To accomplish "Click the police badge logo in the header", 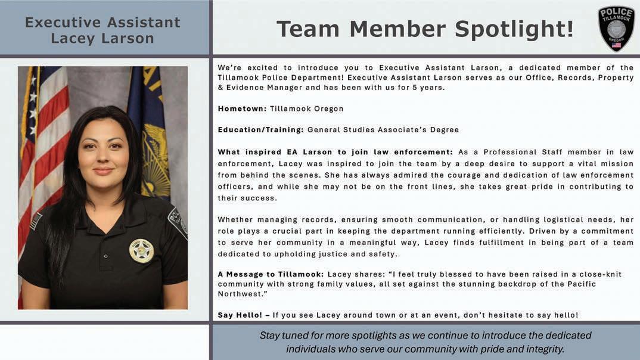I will pos(616,29).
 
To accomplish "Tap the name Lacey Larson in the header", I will pos(102,39).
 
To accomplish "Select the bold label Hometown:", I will pos(242,109).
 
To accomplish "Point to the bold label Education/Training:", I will pos(260,129).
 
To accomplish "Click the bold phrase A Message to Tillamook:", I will pos(271,274).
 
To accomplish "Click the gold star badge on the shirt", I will pos(141,250).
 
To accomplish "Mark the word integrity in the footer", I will pos(543,349).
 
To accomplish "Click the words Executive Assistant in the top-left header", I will pos(102,23).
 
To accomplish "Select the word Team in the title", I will pos(308,29).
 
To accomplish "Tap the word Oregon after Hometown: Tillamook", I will pos(328,109).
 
